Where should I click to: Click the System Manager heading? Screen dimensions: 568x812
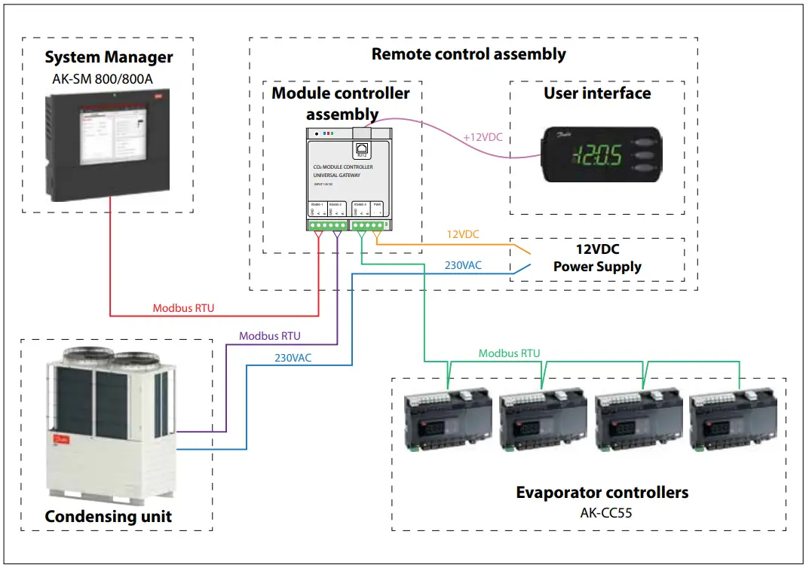[x=109, y=57]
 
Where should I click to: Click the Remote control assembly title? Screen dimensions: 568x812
[x=468, y=54]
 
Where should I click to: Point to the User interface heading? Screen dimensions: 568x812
[x=597, y=93]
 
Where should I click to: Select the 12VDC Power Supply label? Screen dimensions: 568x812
[x=597, y=258]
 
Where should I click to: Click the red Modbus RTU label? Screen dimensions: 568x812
[x=183, y=308]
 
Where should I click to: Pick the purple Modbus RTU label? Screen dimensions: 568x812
[x=270, y=336]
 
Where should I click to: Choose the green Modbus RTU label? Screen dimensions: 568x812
[x=509, y=353]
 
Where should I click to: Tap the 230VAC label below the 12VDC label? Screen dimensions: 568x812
[x=463, y=265]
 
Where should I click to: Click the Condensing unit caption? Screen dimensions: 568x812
[x=109, y=517]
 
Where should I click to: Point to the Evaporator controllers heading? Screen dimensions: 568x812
[x=602, y=493]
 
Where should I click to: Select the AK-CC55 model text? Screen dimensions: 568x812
[x=602, y=512]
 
